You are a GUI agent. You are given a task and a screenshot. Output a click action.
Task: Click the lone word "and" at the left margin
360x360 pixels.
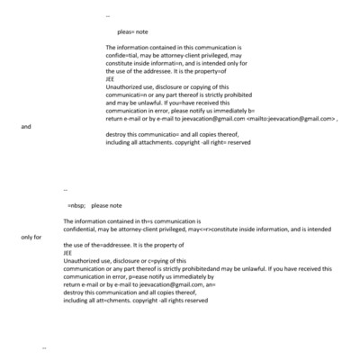[26, 127]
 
